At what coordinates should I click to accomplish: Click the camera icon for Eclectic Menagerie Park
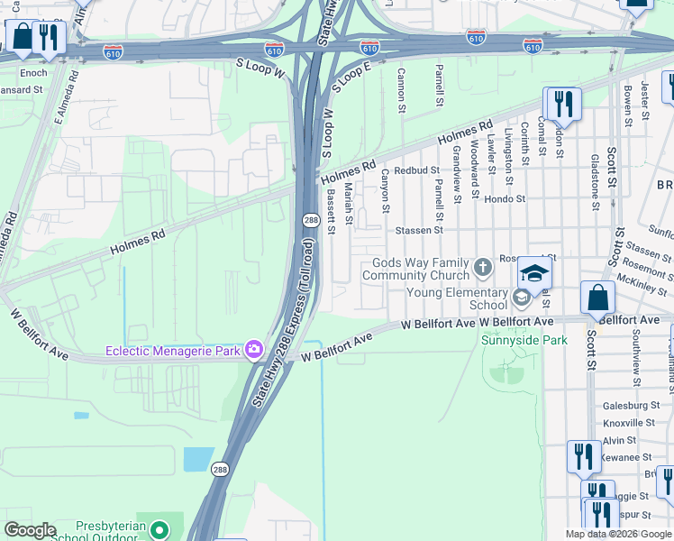(254, 349)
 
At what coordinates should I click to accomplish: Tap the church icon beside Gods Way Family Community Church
(483, 266)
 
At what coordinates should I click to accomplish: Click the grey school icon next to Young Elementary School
(521, 298)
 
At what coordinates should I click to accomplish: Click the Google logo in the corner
(30, 530)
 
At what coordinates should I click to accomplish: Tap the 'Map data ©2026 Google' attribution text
(618, 534)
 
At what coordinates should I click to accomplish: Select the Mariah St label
(348, 206)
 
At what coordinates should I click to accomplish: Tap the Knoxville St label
(628, 422)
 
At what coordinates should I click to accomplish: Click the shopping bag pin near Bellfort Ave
(597, 298)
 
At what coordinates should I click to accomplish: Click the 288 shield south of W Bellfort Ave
(221, 469)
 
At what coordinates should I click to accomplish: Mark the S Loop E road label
(351, 75)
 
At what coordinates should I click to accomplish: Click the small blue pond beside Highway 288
(198, 459)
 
